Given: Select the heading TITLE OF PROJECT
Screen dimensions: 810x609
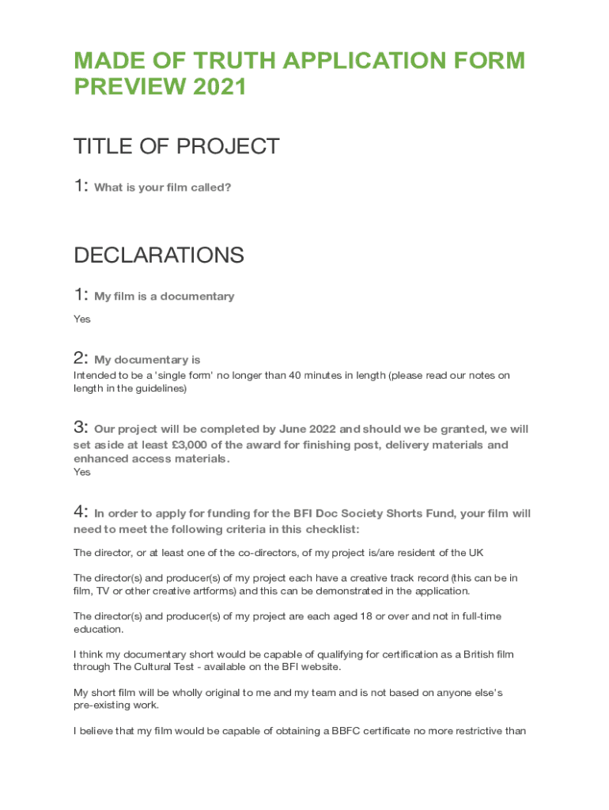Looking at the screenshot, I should pos(176,146).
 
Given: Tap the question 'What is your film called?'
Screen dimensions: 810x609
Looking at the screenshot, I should pos(163,188).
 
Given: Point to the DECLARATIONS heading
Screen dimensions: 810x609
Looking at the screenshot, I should pos(159,255).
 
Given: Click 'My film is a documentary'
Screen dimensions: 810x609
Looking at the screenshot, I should pos(165,297).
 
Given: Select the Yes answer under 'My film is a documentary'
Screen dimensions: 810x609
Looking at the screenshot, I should pos(82,319).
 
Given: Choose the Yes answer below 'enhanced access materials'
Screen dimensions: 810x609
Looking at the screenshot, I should pos(82,472).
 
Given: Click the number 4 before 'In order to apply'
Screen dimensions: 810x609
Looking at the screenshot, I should pos(79,513).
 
